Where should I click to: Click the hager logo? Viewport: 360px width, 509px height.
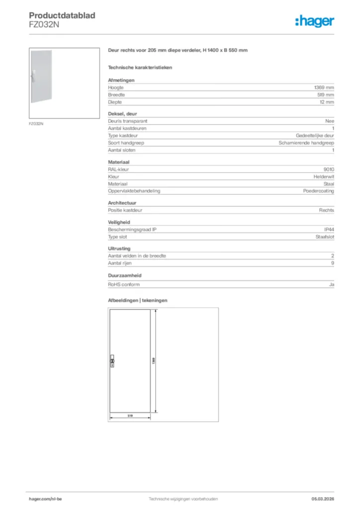(314, 21)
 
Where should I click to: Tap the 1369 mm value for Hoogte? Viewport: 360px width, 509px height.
(323, 87)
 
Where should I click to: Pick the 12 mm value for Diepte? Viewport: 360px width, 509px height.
(326, 102)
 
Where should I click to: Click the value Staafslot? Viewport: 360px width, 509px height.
(324, 237)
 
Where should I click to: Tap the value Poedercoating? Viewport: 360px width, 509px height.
(319, 191)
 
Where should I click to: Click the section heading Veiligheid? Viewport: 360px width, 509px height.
(120, 223)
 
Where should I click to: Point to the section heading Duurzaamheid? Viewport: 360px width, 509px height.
(125, 274)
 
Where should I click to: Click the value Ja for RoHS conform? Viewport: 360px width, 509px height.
(332, 284)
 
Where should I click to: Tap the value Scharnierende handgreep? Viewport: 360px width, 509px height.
(306, 143)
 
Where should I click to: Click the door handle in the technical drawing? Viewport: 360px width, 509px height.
(112, 361)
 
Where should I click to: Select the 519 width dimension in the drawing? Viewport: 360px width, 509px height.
(129, 415)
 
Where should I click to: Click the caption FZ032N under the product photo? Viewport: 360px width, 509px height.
(36, 124)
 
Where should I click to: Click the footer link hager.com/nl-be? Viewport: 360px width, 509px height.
(46, 499)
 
